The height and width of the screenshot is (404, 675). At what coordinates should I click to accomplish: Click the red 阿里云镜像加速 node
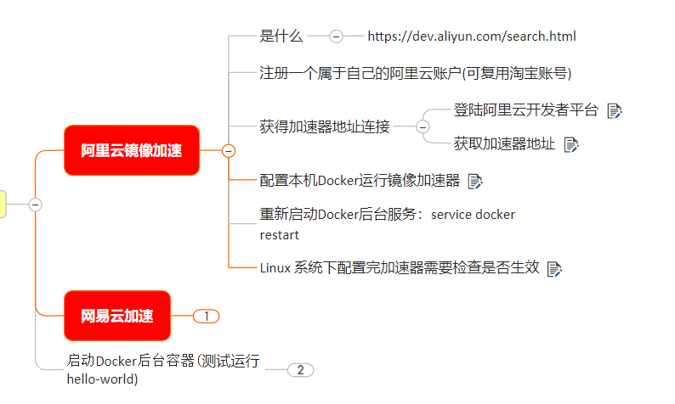coord(131,151)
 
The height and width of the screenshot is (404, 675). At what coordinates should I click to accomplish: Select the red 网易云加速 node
coord(117,316)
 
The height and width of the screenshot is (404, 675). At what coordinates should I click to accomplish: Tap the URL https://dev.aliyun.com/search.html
coord(472,36)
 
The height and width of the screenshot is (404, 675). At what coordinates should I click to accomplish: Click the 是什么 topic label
coord(281,36)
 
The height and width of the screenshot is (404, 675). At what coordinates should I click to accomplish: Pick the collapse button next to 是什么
coord(336,36)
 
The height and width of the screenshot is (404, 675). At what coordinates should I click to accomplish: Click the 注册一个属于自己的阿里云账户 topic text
coord(415,73)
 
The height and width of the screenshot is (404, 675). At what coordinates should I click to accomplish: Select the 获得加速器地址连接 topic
coord(325,127)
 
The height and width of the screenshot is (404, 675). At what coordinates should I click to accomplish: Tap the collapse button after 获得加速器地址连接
coord(423,127)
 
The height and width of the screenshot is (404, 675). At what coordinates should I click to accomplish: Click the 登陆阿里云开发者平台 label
coord(526,110)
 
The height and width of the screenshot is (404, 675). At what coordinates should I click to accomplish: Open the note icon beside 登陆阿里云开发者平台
coord(615,111)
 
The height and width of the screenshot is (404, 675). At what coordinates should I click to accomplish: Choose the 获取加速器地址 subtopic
coord(504,143)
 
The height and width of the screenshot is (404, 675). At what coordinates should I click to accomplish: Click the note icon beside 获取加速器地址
coord(571,144)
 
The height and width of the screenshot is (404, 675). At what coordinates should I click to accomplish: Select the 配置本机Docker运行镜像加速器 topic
coord(360,180)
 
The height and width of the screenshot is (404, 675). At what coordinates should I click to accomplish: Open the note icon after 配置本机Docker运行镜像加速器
coord(475,181)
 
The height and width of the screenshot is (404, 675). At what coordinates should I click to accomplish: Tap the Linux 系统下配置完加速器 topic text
coord(400,267)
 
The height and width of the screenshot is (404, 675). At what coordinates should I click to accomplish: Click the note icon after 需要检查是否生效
coord(554,268)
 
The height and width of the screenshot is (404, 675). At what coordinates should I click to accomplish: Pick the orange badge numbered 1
coord(206,316)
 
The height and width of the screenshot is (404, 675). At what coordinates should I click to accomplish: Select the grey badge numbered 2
coord(300,370)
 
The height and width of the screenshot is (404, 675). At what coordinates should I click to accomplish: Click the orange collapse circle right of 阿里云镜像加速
coord(228,151)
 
